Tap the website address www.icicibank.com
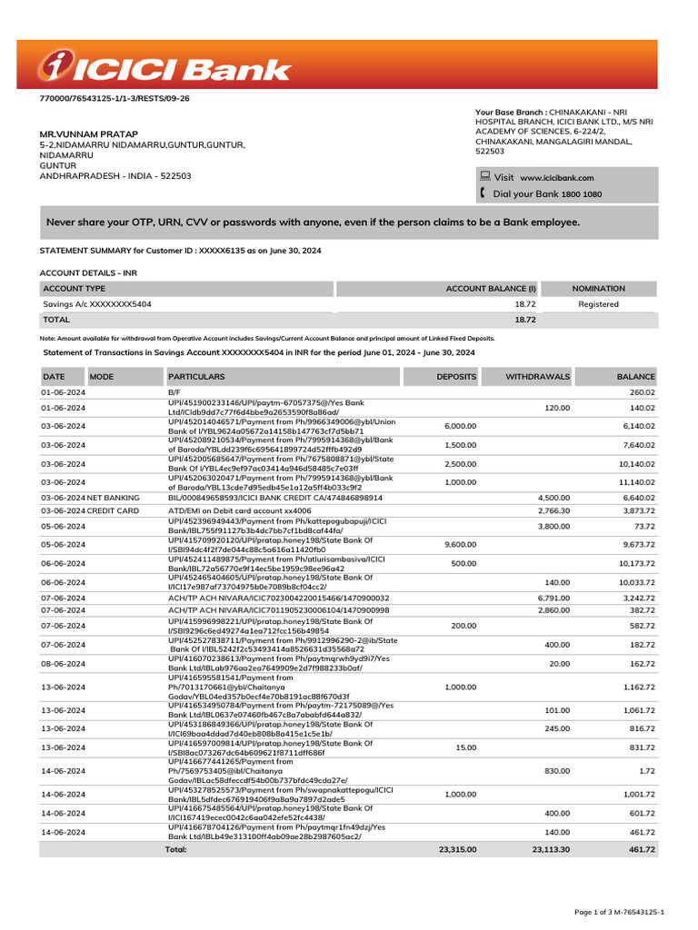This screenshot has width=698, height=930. click(556, 178)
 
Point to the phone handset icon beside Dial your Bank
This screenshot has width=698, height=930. click(484, 193)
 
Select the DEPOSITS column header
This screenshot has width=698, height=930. click(455, 376)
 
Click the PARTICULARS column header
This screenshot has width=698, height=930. click(196, 376)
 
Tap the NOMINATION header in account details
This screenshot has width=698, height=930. click(598, 288)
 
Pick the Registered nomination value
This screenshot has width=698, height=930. click(598, 304)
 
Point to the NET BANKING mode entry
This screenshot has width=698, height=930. click(114, 498)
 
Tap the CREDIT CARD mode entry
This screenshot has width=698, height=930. click(114, 512)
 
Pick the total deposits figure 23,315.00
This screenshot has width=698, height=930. click(455, 849)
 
